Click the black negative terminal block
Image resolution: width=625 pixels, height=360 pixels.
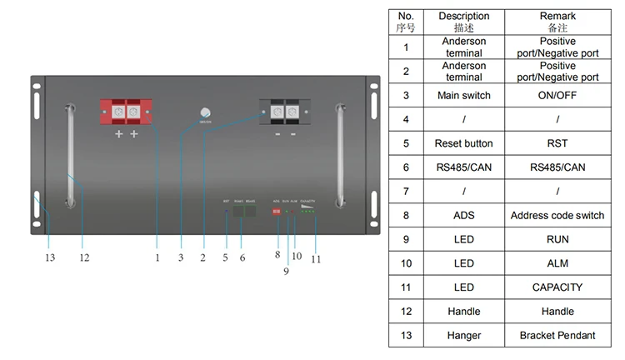(x=283, y=112)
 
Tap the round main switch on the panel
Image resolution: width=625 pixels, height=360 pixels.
(x=204, y=112)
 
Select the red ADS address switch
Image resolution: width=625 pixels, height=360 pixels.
(x=277, y=212)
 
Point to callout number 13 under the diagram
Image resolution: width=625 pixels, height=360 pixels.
(x=50, y=257)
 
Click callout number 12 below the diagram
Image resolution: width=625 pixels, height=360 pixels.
(x=84, y=257)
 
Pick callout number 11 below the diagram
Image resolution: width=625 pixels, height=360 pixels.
(x=316, y=259)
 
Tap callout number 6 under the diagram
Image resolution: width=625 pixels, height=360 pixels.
(x=242, y=257)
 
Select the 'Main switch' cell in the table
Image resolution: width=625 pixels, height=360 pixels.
(x=464, y=95)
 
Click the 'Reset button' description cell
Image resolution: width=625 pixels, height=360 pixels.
(x=464, y=143)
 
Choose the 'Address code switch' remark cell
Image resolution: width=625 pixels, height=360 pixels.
(x=557, y=215)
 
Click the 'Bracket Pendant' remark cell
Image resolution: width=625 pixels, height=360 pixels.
(x=557, y=335)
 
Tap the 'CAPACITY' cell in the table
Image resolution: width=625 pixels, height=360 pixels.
(x=557, y=287)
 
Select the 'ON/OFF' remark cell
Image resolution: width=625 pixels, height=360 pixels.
(x=557, y=95)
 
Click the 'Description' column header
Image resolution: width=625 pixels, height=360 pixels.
(x=464, y=22)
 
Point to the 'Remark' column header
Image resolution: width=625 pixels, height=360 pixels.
(x=557, y=22)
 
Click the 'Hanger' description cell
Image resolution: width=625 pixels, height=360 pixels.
(x=464, y=335)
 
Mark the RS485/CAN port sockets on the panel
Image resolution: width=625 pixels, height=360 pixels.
(x=244, y=212)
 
